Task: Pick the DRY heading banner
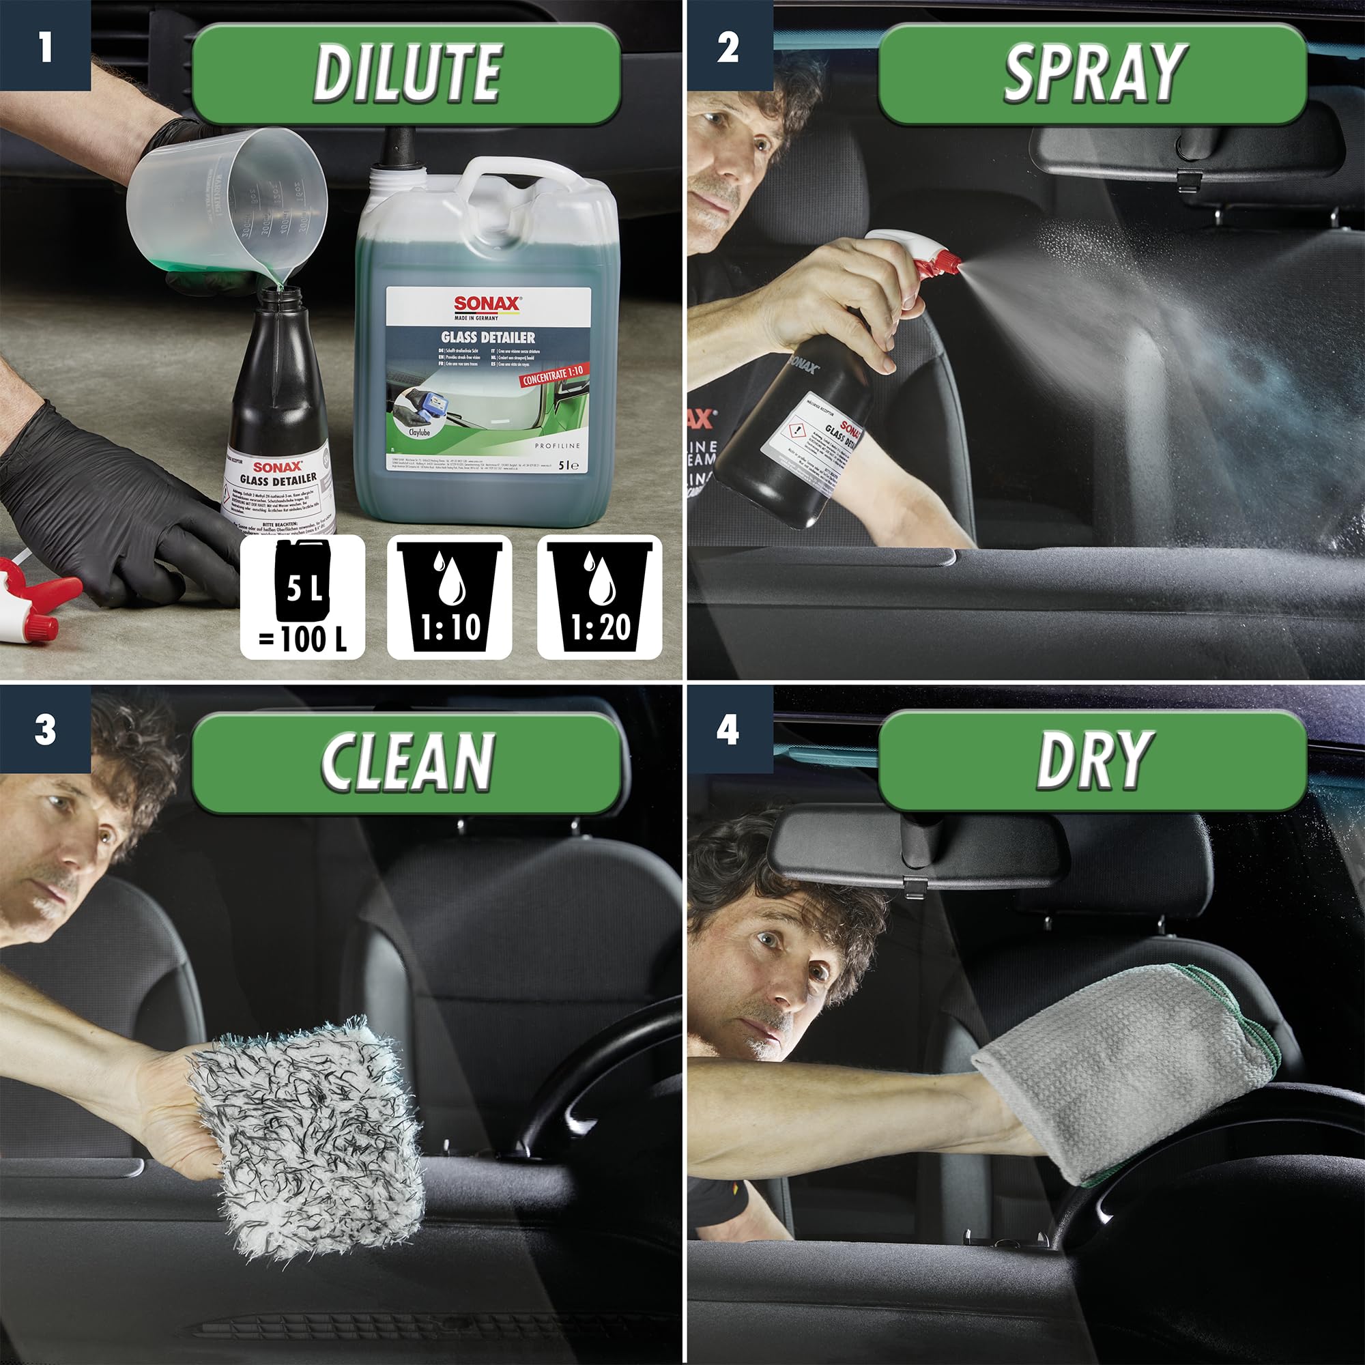point(1091,760)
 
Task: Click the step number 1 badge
point(45,45)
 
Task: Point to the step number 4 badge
point(728,729)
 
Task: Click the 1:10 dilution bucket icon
point(449,597)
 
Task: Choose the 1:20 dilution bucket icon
point(599,597)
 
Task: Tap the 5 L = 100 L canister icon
point(302,597)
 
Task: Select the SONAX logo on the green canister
point(487,304)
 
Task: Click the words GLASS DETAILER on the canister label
point(488,338)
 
